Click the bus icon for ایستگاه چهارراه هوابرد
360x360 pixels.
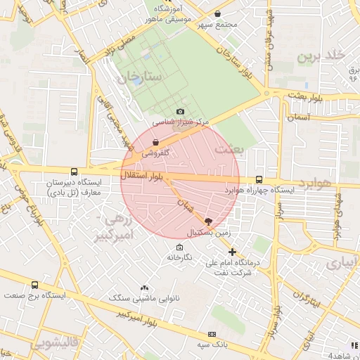pos(259,179)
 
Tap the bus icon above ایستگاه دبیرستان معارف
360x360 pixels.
pos(75,172)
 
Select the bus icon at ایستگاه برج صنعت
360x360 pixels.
pos(35,285)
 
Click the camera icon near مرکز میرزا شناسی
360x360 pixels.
pos(181,112)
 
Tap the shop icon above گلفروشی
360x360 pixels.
pos(155,142)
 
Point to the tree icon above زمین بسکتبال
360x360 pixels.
pos(207,221)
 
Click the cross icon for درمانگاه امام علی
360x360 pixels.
pos(232,252)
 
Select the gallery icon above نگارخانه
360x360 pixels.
pos(179,247)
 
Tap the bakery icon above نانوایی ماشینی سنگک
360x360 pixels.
pos(145,288)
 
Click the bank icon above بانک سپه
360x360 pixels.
pos(211,334)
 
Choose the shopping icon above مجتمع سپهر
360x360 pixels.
pos(217,14)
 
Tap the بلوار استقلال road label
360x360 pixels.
pos(143,175)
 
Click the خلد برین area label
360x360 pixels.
pos(322,56)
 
